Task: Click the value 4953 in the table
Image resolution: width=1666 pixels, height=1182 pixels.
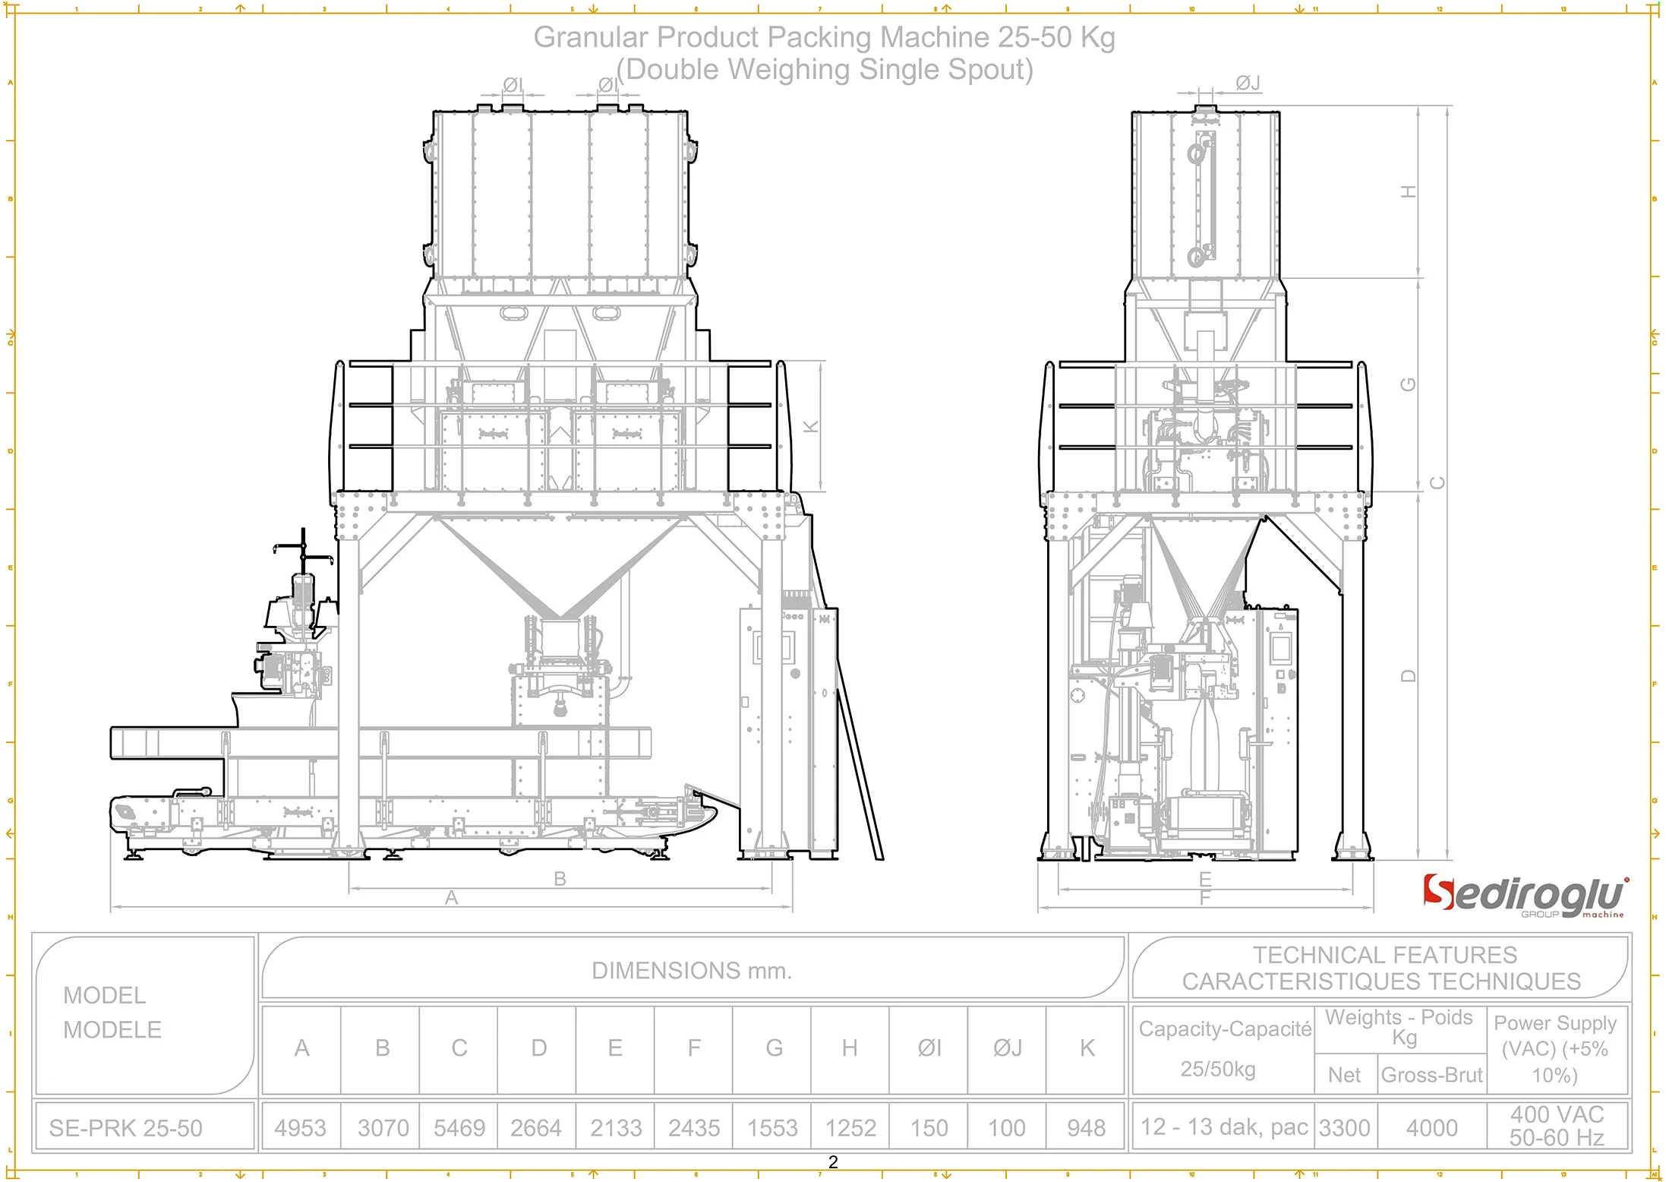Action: [x=300, y=1128]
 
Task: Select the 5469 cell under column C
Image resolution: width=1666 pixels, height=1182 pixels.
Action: [x=459, y=1128]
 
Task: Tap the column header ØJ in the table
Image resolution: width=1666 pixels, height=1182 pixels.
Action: [x=1007, y=1048]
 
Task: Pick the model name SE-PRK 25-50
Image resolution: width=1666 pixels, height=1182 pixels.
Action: [x=125, y=1128]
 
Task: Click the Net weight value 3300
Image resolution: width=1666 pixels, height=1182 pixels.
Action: [x=1344, y=1128]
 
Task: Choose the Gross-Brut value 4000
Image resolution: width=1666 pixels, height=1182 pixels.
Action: [x=1431, y=1128]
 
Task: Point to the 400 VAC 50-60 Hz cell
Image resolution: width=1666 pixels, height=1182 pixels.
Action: [x=1556, y=1126]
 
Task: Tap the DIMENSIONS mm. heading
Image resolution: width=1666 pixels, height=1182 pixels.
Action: [x=691, y=971]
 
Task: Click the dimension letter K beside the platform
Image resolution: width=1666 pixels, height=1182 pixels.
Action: [x=811, y=426]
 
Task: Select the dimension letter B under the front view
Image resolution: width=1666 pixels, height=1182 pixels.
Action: [x=560, y=879]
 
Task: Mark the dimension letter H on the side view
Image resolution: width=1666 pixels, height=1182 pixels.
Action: [x=1409, y=191]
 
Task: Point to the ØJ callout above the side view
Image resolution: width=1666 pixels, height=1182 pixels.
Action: [x=1248, y=83]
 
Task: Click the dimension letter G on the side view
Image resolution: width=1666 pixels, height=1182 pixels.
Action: [x=1409, y=384]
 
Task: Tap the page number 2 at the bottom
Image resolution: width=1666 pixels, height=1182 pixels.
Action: [x=833, y=1162]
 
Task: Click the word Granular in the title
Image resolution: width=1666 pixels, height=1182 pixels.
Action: [x=591, y=37]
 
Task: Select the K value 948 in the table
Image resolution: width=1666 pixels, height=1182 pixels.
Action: [x=1086, y=1128]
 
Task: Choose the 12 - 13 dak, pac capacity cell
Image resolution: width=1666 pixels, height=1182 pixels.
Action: [x=1223, y=1127]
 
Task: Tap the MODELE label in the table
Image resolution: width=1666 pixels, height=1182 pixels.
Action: [x=112, y=1030]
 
